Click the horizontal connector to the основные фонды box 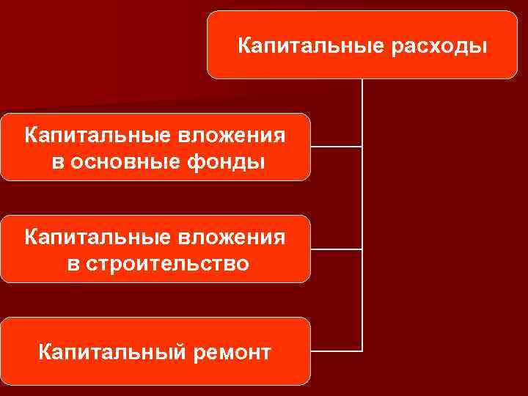pos(336,147)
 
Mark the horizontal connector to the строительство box pos(336,249)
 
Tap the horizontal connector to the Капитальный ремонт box pos(336,349)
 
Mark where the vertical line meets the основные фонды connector pos(362,147)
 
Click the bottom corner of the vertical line pos(362,349)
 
